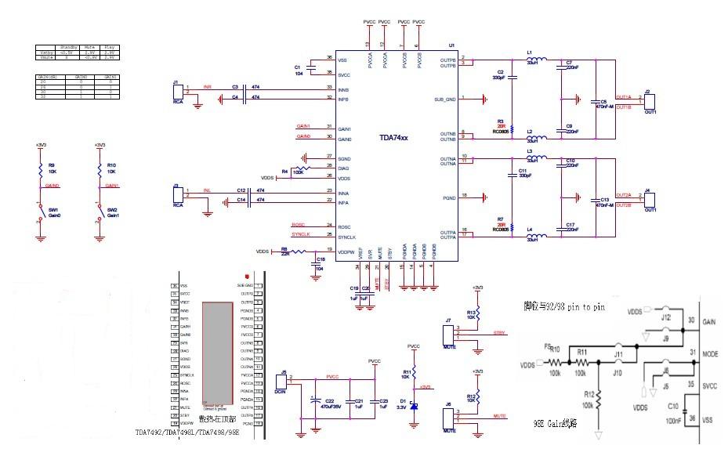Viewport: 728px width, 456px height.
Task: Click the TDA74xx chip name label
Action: pos(393,137)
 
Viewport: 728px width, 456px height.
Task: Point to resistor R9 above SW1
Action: pos(40,170)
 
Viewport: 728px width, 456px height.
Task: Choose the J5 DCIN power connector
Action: pos(285,382)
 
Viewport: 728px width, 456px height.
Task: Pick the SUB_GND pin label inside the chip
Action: pos(444,99)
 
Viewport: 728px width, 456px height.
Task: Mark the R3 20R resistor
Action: pos(511,127)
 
